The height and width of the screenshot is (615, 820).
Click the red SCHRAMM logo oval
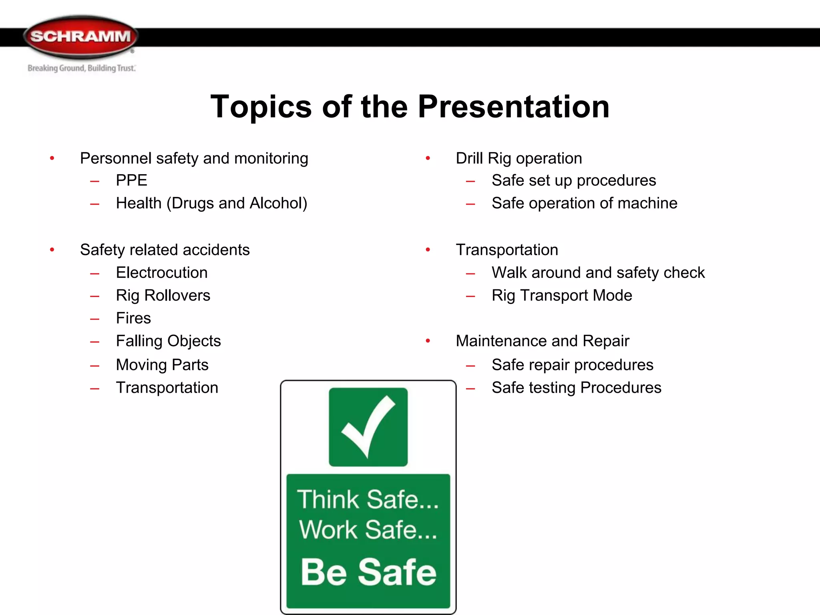click(x=81, y=37)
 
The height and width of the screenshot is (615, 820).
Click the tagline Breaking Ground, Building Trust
click(x=82, y=68)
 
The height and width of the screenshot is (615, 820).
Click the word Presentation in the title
click(x=514, y=107)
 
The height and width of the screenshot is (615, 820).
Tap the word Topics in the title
click(x=261, y=107)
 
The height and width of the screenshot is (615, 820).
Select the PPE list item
click(x=131, y=181)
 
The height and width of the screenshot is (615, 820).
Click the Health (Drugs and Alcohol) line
click(x=211, y=203)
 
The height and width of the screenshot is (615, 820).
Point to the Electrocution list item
click(x=162, y=273)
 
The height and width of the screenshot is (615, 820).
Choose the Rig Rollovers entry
click(x=163, y=295)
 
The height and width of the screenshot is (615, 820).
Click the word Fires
click(x=133, y=318)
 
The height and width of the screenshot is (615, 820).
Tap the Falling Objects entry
click(x=168, y=341)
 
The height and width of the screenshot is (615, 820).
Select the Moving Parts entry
click(x=162, y=365)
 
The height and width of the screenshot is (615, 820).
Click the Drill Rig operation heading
click(x=519, y=159)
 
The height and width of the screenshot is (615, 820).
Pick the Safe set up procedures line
click(x=573, y=181)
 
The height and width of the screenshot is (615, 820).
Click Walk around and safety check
click(x=598, y=273)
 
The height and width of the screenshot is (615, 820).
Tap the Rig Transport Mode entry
click(x=562, y=295)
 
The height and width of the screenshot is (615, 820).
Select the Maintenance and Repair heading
click(x=542, y=341)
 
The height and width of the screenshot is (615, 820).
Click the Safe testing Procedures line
click(x=576, y=388)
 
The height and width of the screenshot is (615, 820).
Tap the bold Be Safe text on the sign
click(x=368, y=572)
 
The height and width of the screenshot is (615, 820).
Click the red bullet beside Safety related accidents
click(x=52, y=250)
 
